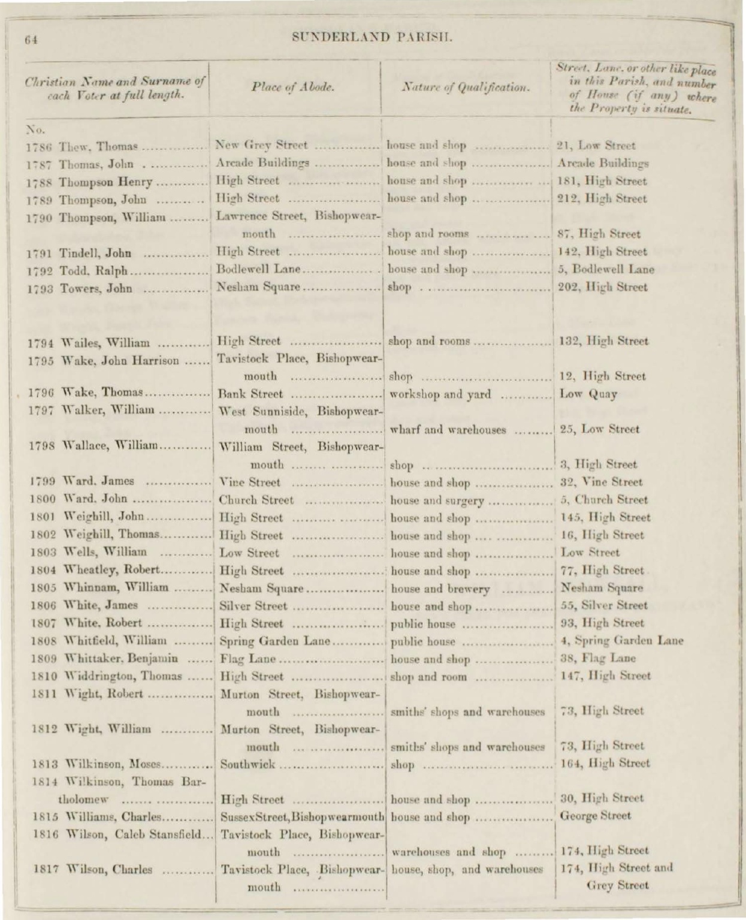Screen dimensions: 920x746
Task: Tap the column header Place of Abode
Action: tap(293, 88)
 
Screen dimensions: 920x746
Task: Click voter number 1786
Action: tap(38, 146)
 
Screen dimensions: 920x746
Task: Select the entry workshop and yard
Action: tap(440, 394)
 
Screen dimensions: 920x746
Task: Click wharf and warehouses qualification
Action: tap(447, 430)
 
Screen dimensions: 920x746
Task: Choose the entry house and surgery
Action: tap(437, 500)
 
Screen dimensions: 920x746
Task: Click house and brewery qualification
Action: tap(440, 589)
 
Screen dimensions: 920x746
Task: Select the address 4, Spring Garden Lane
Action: tap(621, 641)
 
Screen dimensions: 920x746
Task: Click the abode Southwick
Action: tap(247, 764)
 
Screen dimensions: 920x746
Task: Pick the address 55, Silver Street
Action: tap(603, 606)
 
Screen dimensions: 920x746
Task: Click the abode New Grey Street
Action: tap(261, 146)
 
